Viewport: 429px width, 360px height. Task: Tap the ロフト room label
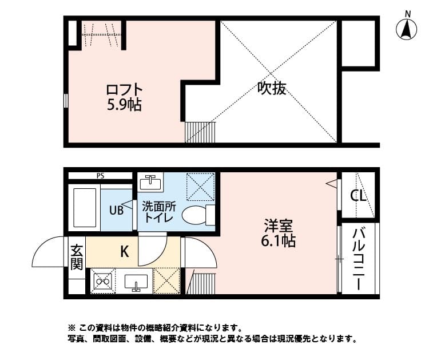click(124, 90)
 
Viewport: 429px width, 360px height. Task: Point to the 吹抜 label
click(271, 89)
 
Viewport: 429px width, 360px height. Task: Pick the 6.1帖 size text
click(278, 241)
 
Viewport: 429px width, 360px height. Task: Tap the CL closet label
click(358, 196)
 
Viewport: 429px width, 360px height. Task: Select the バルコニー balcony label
click(359, 259)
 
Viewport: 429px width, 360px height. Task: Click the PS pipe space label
click(100, 176)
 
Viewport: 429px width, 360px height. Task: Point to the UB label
click(116, 210)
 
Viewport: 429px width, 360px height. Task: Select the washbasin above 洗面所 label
click(150, 183)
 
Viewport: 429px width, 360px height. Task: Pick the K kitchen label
click(124, 251)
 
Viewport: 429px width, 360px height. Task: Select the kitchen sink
click(136, 282)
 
